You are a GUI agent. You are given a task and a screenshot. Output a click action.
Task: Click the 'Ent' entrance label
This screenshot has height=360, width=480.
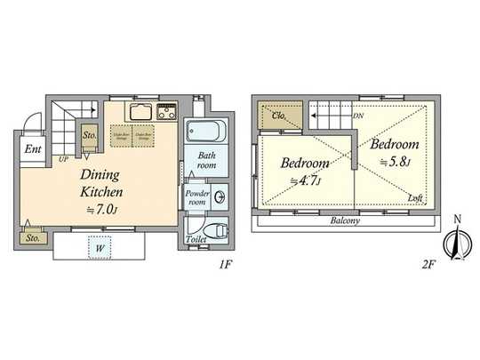click(32, 148)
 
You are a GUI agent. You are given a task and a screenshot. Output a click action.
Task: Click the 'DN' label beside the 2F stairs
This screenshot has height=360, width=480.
click(357, 116)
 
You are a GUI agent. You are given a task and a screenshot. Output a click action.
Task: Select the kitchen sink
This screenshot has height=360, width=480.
click(140, 112)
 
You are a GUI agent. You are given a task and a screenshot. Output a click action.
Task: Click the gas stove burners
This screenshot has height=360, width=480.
click(167, 112)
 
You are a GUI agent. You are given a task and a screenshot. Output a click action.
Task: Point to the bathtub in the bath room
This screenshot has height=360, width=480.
click(206, 132)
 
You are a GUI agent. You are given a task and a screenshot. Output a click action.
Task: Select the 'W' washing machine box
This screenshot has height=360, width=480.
click(100, 250)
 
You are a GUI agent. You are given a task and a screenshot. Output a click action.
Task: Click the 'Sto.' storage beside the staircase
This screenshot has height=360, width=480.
click(90, 136)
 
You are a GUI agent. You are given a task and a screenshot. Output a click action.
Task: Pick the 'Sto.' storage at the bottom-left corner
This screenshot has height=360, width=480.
click(32, 237)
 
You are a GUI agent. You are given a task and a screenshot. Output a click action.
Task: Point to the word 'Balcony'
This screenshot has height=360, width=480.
click(343, 221)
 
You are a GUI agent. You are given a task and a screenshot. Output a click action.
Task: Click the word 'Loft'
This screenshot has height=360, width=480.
click(414, 197)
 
